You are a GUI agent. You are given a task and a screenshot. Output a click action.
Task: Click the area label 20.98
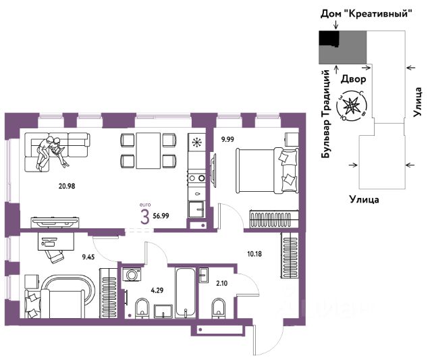pos(67,186)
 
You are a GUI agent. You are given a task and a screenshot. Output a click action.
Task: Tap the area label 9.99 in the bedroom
pos(227,140)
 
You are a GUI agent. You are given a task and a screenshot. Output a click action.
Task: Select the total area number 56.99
pos(161,216)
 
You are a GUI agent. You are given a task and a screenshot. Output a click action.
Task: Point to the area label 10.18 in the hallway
pos(254,253)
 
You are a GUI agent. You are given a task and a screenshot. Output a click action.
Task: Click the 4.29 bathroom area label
pos(157,290)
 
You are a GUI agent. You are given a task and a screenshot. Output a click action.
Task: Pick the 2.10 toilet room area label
pos(222,283)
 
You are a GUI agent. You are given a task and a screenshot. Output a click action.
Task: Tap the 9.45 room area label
pos(88,257)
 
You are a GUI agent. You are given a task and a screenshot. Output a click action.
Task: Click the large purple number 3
pos(145,217)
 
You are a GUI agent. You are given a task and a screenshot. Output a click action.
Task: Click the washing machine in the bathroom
pos(132,274)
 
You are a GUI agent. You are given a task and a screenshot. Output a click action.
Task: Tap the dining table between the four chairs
pos(148,151)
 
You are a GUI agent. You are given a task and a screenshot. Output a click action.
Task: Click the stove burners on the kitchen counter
pos(196,178)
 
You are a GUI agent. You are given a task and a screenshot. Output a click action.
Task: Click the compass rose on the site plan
pos(352,106)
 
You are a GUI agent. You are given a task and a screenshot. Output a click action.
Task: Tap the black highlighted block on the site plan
pos(329,38)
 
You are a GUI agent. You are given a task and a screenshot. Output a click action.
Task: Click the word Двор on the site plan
pos(354,79)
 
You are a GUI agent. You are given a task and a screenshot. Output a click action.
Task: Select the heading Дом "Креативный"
pos(366,14)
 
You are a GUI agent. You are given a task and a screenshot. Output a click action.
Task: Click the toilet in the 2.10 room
pos(219,307)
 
